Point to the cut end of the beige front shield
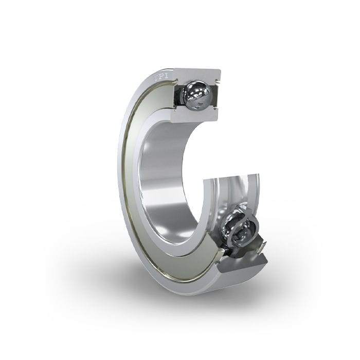(220, 252)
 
